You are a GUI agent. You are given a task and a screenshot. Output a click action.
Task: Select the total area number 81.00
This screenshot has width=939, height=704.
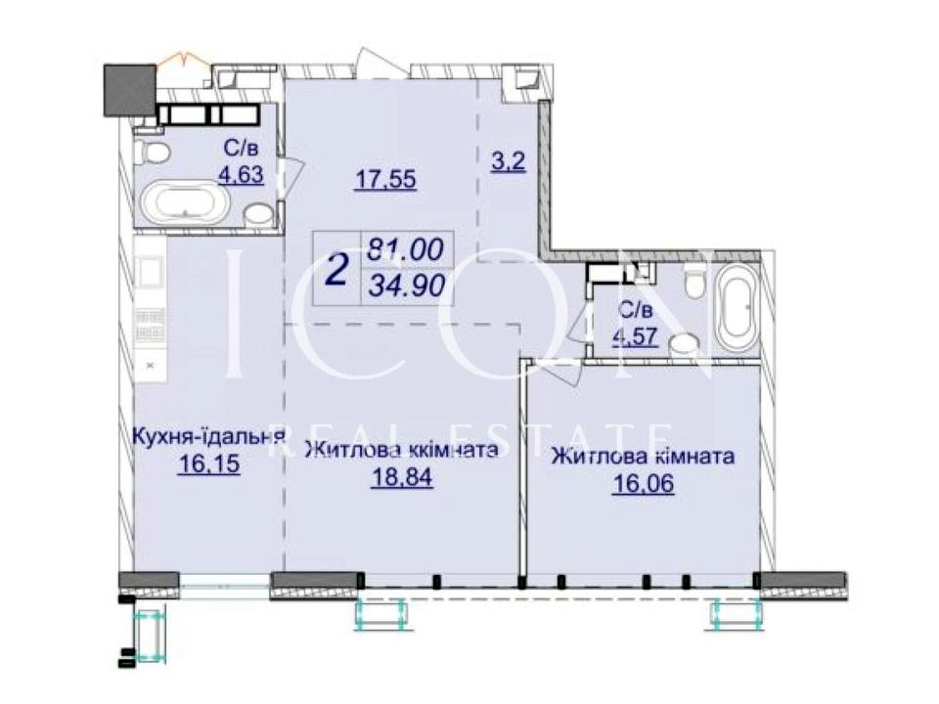(x=406, y=249)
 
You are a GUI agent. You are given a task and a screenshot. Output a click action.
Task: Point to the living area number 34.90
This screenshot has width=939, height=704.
(x=407, y=286)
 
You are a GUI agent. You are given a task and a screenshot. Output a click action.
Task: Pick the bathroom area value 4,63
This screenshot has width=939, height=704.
(x=242, y=174)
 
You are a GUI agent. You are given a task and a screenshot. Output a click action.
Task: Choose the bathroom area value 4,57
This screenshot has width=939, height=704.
(x=635, y=335)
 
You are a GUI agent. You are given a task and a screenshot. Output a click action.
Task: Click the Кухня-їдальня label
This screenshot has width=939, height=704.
(x=207, y=435)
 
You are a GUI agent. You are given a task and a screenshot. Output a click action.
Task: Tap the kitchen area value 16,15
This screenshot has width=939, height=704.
(x=208, y=463)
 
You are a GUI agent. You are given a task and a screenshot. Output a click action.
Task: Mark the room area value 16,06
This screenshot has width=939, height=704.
(x=643, y=483)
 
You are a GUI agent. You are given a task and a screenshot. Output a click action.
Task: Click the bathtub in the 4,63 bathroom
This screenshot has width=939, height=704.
(x=184, y=206)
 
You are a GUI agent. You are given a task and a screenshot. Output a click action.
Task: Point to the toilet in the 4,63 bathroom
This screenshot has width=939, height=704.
(x=150, y=152)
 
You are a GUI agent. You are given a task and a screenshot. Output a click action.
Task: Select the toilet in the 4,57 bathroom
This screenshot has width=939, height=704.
(x=695, y=282)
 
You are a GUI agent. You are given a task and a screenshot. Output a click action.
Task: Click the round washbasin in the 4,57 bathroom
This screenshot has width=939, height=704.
(x=684, y=344)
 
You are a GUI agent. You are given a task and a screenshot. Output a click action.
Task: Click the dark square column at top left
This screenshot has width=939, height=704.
(x=129, y=89)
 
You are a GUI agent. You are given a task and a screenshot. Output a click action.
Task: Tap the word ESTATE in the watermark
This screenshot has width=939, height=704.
(x=595, y=436)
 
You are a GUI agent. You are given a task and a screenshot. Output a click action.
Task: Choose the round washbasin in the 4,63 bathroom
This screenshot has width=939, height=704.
(x=258, y=215)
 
